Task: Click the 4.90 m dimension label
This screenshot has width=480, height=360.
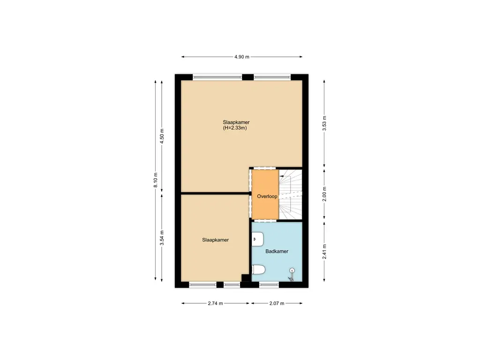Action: click(241, 57)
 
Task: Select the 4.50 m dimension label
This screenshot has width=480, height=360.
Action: click(162, 136)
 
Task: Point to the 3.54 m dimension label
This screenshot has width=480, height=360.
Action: click(162, 238)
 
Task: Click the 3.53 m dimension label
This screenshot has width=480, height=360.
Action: click(324, 123)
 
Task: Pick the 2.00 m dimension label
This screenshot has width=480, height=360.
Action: click(324, 194)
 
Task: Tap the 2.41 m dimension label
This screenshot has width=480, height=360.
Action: click(324, 251)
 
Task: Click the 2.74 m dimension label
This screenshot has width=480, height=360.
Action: click(215, 303)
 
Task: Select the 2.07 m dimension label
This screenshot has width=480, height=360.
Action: click(277, 303)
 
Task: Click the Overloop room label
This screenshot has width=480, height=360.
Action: click(267, 196)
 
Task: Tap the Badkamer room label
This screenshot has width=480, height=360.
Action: click(277, 251)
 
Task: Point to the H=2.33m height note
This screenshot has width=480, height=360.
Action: click(235, 127)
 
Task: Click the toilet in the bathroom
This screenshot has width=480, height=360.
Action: click(258, 270)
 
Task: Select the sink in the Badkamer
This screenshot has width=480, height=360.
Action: click(258, 240)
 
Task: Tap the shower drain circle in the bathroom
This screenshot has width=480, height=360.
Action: click(292, 270)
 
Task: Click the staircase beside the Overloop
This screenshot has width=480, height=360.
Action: click(291, 194)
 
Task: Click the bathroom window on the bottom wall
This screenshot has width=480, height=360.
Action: click(269, 285)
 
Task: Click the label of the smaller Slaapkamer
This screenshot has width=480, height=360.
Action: click(215, 240)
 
